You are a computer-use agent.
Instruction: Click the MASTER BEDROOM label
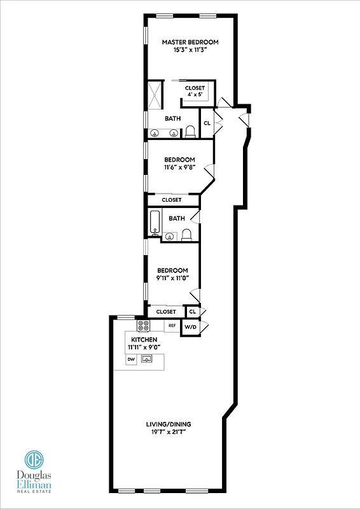[190, 42]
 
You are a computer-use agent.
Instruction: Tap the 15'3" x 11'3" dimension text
[190, 50]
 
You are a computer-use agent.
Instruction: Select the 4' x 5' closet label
[195, 95]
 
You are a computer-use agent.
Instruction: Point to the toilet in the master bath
[190, 132]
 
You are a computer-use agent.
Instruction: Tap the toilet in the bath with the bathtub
[186, 236]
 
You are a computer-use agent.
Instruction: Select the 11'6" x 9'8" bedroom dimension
[179, 168]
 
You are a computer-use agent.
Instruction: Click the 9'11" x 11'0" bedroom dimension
[173, 278]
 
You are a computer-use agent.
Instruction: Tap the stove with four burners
[144, 326]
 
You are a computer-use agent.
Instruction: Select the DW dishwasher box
[131, 359]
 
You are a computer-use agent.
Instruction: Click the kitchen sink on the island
[147, 359]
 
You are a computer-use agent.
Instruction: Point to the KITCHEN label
[144, 340]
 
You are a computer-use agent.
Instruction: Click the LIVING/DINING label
[167, 424]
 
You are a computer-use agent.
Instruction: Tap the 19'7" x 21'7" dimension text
[167, 433]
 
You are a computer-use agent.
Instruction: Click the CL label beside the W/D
[192, 312]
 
